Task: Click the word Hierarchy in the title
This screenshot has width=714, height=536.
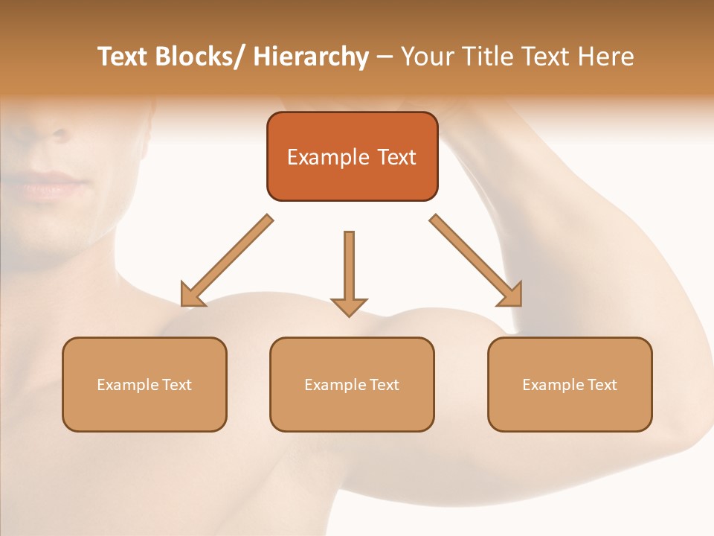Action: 311,57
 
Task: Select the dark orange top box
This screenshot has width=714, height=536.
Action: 352,156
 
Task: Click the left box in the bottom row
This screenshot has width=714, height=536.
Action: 144,384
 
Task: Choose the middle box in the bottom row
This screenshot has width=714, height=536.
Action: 352,384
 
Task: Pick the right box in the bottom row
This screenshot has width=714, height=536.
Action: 570,384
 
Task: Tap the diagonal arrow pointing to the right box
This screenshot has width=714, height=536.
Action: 477,261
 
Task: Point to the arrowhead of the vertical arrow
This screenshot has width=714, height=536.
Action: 349,306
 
